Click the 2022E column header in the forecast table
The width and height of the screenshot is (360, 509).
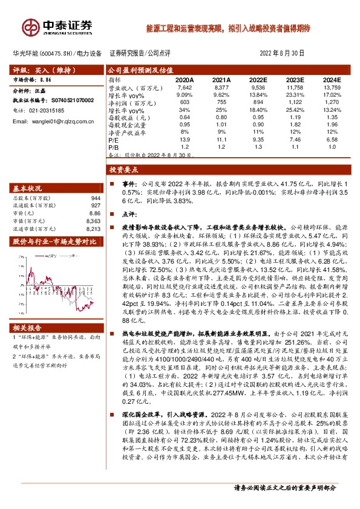pos(259,79)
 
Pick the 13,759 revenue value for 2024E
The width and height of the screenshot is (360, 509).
pos(332,87)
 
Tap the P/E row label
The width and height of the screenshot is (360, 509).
pos(113,138)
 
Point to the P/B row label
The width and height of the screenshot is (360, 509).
pos(113,146)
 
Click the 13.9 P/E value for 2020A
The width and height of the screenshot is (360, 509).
pos(185,138)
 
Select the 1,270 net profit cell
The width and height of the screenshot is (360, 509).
pos(333,103)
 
